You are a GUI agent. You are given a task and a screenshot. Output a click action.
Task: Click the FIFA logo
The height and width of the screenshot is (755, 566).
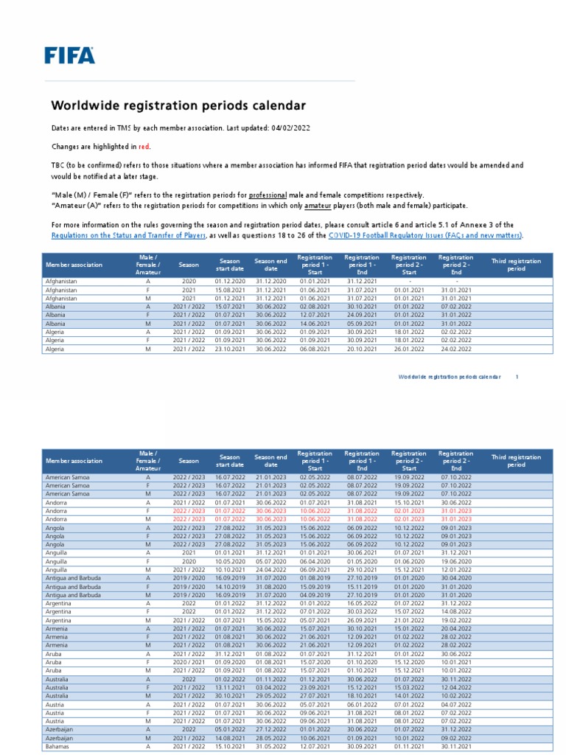(69, 55)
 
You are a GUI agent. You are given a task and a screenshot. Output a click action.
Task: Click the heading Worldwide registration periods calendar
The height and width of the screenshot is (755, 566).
(178, 106)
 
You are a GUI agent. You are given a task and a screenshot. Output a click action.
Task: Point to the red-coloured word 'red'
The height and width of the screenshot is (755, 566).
(144, 147)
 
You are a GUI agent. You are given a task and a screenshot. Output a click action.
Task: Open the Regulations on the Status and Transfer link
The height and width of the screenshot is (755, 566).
(128, 235)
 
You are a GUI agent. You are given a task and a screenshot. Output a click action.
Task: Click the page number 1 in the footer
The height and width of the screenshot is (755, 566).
(517, 376)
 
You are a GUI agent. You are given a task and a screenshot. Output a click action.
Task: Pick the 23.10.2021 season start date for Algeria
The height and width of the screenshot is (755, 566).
(229, 349)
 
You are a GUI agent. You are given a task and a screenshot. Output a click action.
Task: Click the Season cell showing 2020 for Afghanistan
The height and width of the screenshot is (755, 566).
(189, 281)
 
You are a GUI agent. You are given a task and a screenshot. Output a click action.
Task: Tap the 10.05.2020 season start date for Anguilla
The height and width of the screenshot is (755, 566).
(229, 561)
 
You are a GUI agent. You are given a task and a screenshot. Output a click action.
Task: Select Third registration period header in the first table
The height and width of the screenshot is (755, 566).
(516, 264)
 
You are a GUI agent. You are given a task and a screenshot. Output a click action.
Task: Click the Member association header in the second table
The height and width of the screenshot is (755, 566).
(74, 461)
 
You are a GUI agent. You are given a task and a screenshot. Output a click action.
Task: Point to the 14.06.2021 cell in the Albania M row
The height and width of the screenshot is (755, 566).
(315, 322)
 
